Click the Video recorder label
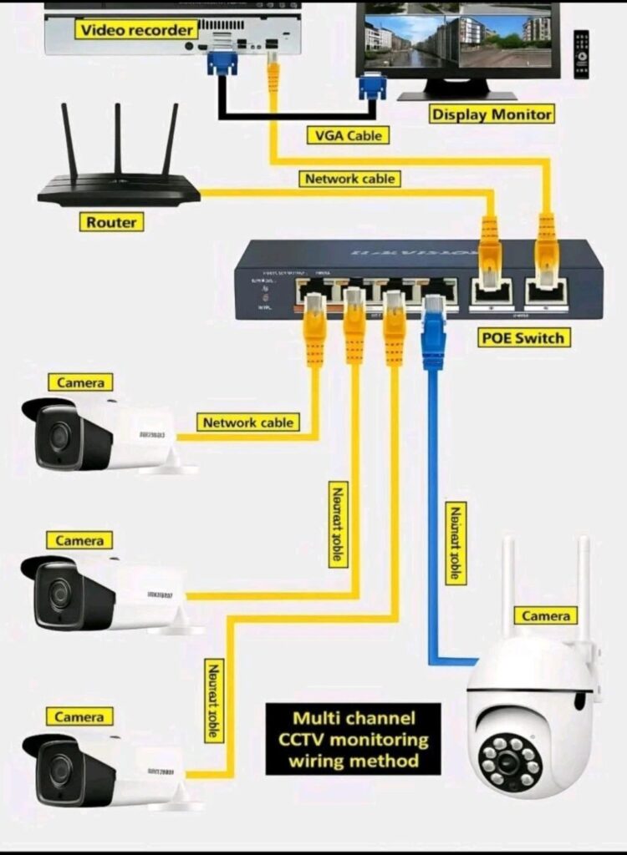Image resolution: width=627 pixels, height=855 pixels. point(137,30)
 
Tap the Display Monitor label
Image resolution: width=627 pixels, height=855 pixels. point(492,114)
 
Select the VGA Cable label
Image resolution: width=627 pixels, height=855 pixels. point(348,135)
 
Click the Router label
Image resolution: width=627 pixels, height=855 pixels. point(111,221)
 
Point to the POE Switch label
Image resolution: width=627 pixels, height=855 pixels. point(524,337)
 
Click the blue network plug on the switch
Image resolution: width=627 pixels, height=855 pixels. point(433,330)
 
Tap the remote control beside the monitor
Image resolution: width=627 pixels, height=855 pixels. point(581,54)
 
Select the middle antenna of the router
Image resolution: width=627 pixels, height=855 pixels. point(118,139)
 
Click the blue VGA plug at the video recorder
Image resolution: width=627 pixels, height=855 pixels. point(222,63)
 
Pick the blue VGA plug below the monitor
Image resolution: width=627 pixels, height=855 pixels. point(372,86)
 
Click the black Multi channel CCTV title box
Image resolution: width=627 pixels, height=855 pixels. point(353,739)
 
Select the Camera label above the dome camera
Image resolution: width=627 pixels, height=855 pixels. point(546,616)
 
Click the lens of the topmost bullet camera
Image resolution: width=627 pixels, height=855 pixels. point(58,436)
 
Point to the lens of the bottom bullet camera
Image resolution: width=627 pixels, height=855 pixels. point(58,769)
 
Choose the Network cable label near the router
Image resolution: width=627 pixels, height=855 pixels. point(349,179)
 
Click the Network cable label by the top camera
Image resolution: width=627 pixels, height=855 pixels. point(247,422)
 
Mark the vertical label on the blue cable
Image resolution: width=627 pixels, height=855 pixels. point(456,543)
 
